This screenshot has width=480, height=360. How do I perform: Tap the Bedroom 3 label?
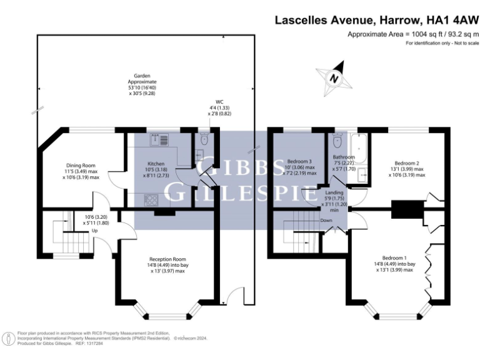(299, 161)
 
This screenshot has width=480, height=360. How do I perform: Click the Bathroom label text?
(344, 157)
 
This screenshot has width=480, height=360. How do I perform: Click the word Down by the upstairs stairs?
(326, 221)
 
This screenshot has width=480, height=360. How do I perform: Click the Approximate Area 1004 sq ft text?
(412, 34)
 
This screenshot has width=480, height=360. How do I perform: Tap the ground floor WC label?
(219, 102)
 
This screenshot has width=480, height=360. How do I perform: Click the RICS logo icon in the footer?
(9, 338)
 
